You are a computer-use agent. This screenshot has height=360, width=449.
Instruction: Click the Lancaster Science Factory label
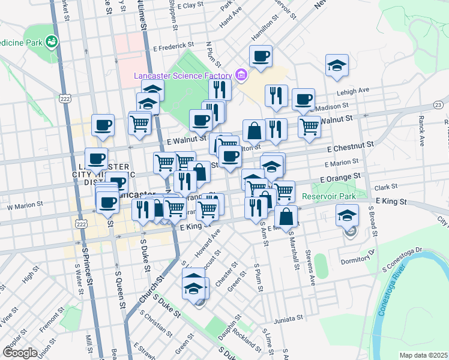point(182,76)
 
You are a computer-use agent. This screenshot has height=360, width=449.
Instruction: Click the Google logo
point(20,352)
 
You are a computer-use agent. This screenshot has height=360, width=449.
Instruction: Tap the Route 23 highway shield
point(438,106)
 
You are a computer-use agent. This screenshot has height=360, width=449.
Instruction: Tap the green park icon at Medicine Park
point(52,41)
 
